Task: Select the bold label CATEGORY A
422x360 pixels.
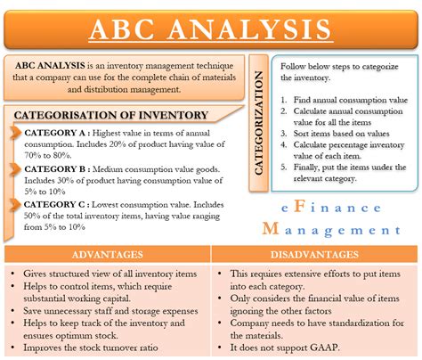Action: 56,133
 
